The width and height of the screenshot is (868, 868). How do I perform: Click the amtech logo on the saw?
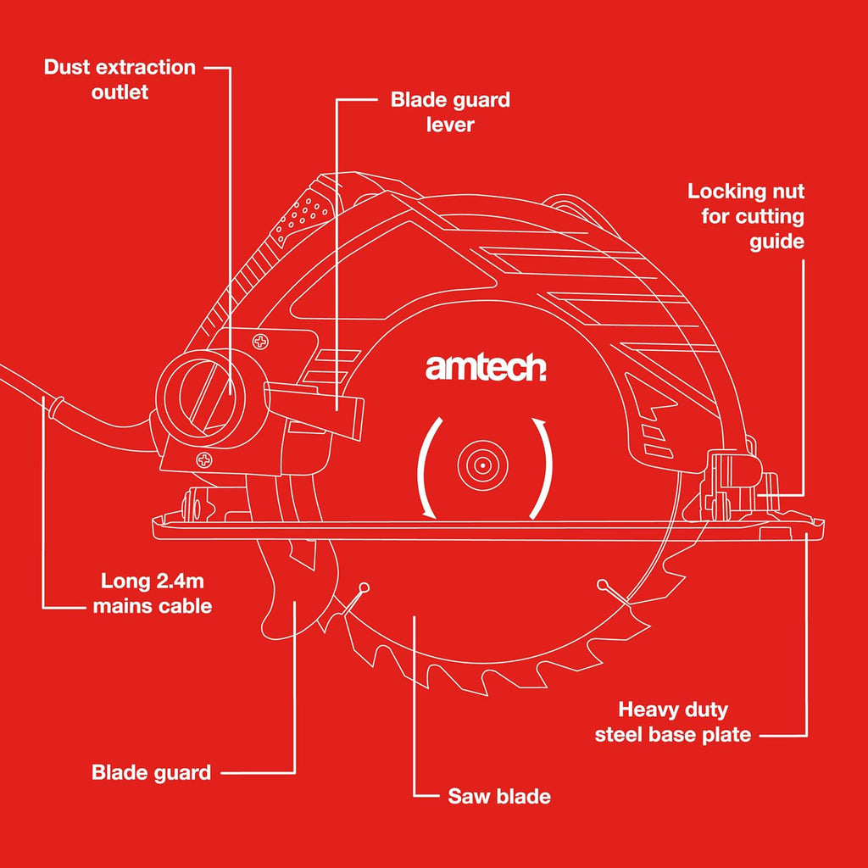click(486, 368)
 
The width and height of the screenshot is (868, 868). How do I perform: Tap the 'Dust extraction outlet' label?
click(120, 79)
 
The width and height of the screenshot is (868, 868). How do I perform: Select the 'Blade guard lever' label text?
click(450, 112)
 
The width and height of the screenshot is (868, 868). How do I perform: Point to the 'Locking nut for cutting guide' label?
click(746, 216)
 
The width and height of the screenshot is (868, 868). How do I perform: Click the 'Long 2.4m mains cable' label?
click(153, 593)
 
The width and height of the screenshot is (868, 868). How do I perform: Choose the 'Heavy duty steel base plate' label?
click(672, 722)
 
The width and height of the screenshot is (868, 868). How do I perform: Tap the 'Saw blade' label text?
click(498, 796)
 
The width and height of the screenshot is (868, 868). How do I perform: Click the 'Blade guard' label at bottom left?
click(151, 772)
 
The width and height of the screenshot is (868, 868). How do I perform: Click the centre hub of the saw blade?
click(482, 465)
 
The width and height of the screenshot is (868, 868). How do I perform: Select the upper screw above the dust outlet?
click(260, 342)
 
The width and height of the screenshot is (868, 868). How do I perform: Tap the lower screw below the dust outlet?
click(204, 459)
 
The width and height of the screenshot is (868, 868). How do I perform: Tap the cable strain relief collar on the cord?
click(55, 407)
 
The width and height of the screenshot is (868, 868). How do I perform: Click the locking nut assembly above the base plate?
click(742, 484)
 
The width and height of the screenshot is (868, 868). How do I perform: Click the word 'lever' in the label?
click(450, 124)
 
